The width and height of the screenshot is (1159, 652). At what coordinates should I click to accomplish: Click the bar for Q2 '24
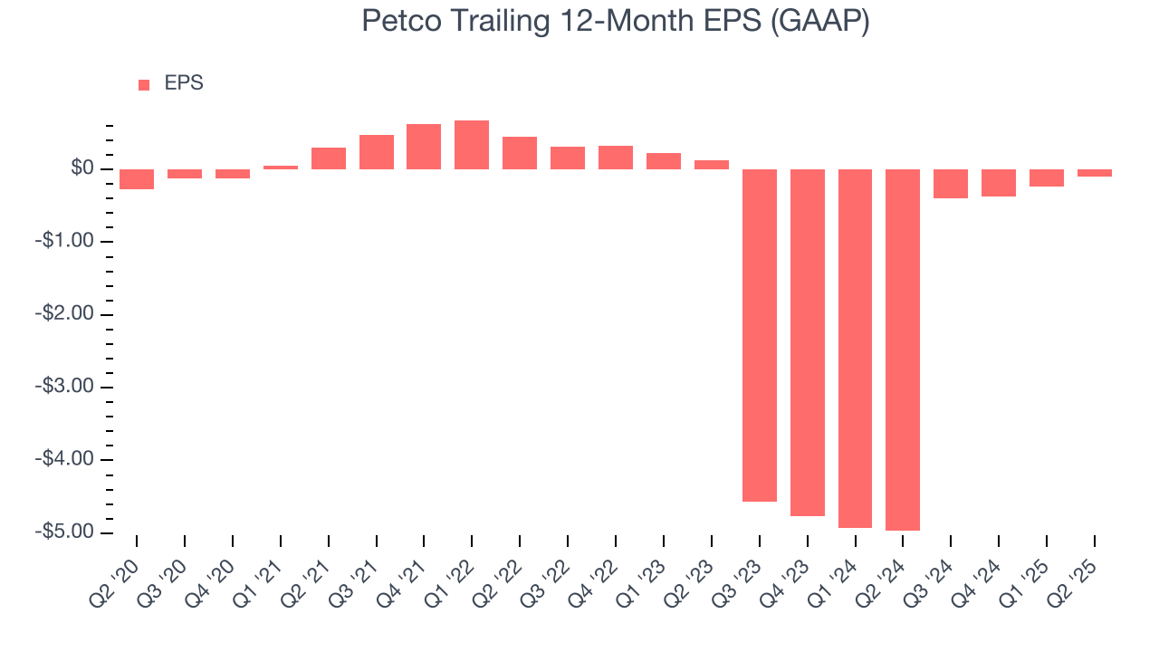(903, 350)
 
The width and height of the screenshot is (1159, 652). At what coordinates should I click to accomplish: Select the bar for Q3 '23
(760, 335)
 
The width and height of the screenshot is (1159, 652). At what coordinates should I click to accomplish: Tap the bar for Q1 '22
(472, 145)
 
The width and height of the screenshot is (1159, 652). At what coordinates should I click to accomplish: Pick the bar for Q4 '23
(808, 342)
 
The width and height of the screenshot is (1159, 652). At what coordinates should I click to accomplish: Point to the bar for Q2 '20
(137, 179)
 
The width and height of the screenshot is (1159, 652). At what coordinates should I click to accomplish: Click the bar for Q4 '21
(424, 147)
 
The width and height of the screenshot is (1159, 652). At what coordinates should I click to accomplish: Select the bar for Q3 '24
(951, 184)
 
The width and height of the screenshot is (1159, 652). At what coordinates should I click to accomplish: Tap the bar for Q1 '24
(855, 349)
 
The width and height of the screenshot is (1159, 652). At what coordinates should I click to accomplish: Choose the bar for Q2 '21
(329, 158)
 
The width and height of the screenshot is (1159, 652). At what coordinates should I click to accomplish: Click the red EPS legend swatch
(144, 85)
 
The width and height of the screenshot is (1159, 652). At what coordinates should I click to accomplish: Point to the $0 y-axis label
(82, 169)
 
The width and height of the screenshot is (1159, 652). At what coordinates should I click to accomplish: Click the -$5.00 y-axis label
(66, 532)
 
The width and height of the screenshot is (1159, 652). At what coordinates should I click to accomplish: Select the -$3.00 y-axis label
(66, 387)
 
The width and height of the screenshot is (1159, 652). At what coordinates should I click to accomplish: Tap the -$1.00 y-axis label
(66, 242)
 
